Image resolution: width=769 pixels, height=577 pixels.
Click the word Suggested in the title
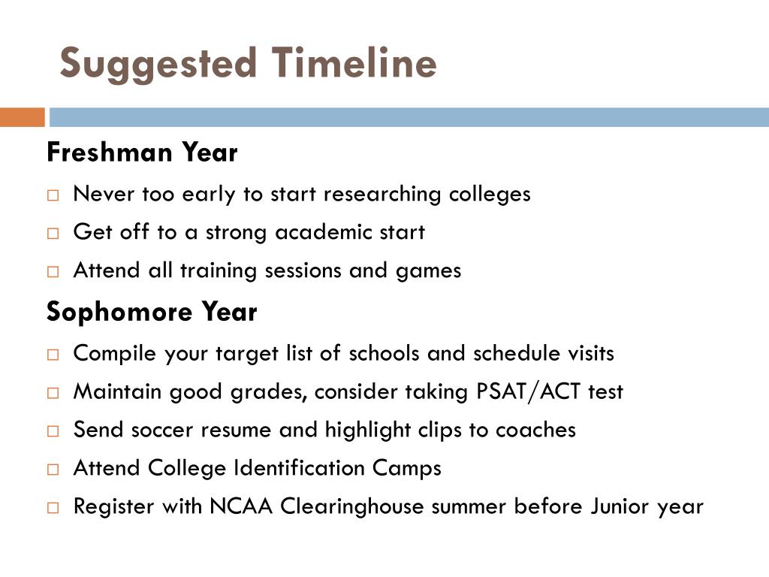click(158, 65)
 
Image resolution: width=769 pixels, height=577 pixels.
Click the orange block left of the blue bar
click(22, 117)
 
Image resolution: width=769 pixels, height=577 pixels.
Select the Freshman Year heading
click(142, 152)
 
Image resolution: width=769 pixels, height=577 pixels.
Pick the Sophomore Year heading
click(152, 312)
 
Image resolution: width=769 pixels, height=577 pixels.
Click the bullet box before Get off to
click(53, 233)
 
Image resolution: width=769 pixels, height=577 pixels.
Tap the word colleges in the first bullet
click(490, 195)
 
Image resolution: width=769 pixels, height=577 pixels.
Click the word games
click(428, 271)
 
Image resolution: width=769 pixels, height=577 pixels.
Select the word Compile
click(114, 354)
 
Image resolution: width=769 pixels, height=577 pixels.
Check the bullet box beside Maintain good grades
click(53, 393)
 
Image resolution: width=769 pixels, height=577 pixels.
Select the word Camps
click(406, 469)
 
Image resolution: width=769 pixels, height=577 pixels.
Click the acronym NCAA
click(241, 506)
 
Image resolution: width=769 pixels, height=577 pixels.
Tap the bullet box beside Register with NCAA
click(53, 508)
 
